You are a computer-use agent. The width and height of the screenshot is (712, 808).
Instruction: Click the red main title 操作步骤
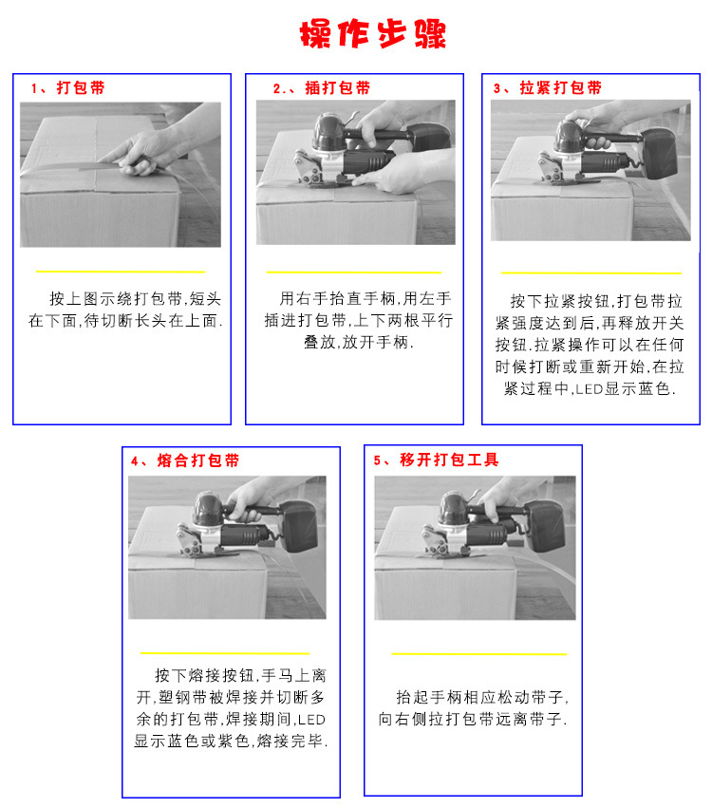click(x=373, y=34)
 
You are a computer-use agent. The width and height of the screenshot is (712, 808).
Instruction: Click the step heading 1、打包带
click(x=67, y=88)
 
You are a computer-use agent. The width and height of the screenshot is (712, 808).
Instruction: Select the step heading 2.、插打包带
click(x=322, y=88)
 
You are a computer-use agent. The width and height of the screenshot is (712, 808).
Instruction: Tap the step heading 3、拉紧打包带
click(x=547, y=88)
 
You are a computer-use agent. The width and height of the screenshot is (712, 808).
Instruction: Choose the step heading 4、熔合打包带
click(x=185, y=460)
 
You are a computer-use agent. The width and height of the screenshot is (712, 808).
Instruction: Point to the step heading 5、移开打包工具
click(x=436, y=460)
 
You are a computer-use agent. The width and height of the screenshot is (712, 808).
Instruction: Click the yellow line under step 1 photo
click(x=121, y=271)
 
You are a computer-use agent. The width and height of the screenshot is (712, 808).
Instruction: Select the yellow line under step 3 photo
click(x=591, y=272)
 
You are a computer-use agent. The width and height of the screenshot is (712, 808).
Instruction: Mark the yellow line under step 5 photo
click(x=479, y=654)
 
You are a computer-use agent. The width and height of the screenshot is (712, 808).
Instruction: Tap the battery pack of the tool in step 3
click(x=661, y=152)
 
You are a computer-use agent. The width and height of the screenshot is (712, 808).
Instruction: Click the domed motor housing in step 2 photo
click(x=329, y=132)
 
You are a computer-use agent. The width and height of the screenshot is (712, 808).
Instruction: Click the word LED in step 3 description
click(x=589, y=389)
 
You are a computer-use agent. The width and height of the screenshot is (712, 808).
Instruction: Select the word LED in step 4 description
click(x=311, y=720)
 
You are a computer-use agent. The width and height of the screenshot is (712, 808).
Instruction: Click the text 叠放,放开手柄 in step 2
click(x=359, y=342)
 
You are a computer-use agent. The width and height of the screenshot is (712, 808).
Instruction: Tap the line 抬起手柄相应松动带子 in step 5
click(x=482, y=697)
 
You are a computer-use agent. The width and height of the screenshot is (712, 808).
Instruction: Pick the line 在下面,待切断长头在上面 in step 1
click(x=125, y=321)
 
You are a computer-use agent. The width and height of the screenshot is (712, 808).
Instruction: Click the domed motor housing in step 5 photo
click(x=455, y=510)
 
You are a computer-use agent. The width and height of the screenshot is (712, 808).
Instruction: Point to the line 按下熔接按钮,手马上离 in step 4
click(x=240, y=676)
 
